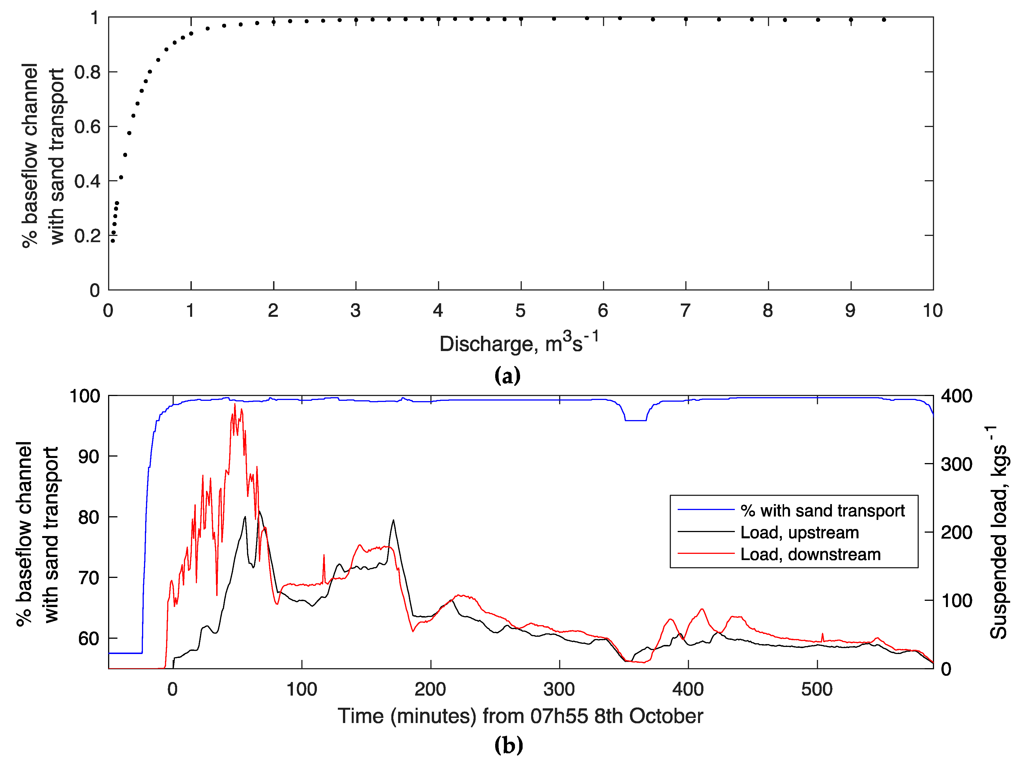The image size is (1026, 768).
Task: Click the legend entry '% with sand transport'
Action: pos(822,511)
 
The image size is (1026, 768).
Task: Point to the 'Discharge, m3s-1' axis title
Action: pos(519,343)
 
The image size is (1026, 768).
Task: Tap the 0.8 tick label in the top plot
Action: pos(87,72)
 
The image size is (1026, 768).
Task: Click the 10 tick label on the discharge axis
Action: pos(932,311)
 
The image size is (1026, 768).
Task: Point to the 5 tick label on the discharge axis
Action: pos(520,311)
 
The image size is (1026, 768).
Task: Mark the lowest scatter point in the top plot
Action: pos(113,241)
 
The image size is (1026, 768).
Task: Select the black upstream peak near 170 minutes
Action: pos(393,520)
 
